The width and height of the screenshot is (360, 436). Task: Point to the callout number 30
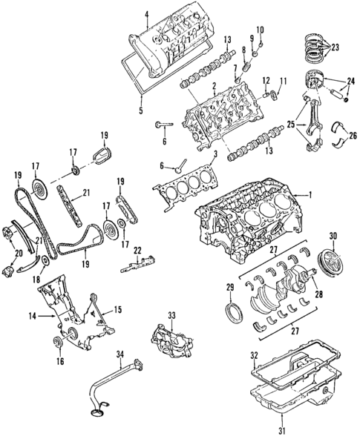point(333,237)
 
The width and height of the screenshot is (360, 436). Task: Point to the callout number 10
point(259,30)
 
